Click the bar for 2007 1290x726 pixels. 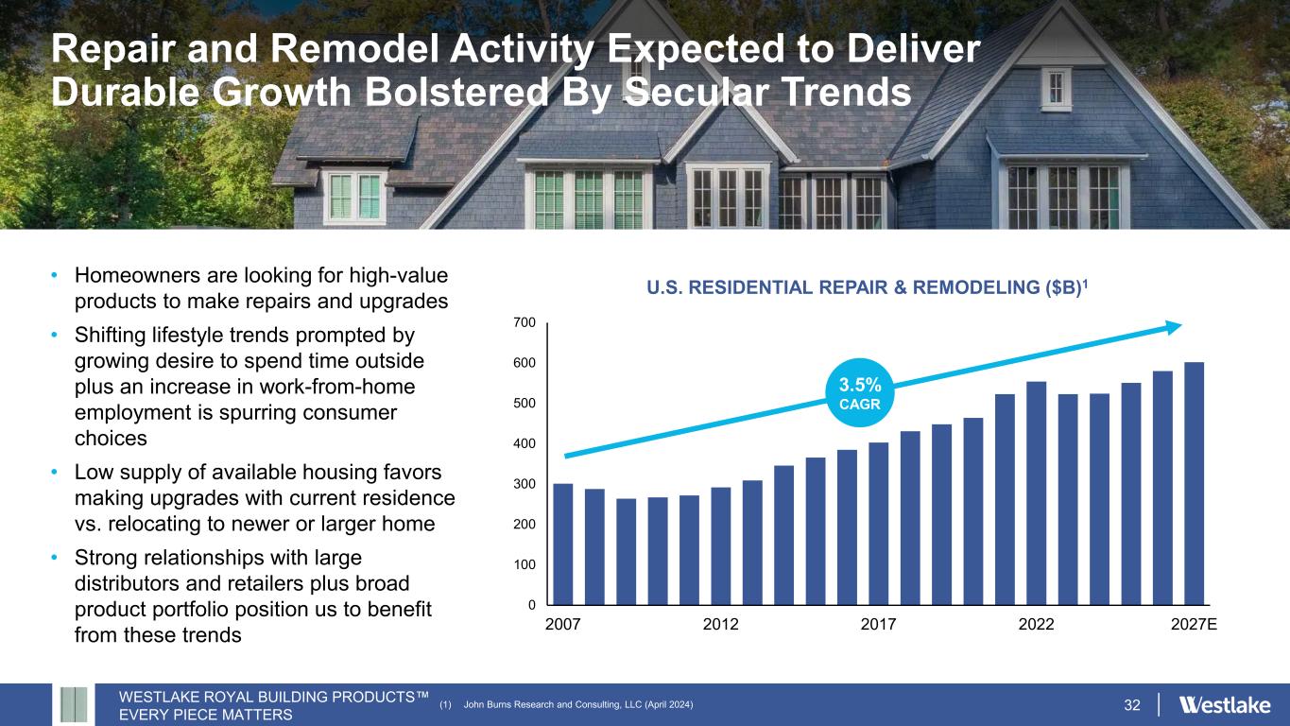coord(563,544)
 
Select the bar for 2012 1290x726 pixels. coord(721,545)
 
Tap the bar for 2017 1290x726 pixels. coord(879,523)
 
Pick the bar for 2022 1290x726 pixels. coord(1037,493)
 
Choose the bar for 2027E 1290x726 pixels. coord(1195,483)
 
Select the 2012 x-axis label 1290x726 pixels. coord(721,625)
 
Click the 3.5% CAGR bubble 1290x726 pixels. coord(860,392)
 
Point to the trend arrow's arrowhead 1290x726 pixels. coord(1173,327)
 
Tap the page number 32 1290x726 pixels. coord(1132,705)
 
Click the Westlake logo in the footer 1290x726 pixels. coord(1226,705)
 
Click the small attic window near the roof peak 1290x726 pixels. coord(1056,89)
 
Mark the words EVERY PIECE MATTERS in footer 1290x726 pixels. coord(206,715)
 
